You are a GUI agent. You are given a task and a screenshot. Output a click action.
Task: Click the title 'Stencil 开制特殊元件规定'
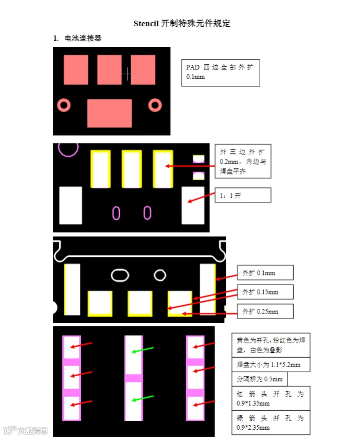pos(182,23)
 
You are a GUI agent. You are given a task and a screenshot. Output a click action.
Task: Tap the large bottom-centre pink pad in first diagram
pos(110,113)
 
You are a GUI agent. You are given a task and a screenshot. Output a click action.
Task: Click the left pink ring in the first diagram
pos(64,105)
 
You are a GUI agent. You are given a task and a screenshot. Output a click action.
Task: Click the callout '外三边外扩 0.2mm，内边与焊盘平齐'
pos(243,161)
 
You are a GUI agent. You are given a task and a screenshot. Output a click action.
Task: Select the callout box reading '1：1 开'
pos(243,195)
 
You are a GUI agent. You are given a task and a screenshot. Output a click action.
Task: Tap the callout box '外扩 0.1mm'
pos(265,273)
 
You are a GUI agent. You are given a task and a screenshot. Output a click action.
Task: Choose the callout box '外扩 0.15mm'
pos(265,292)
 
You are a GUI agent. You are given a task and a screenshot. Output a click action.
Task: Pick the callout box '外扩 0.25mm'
pos(265,311)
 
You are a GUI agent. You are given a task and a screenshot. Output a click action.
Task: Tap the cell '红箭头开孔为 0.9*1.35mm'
pos(270,398)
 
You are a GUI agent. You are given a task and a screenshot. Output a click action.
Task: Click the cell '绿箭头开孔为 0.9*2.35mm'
pos(270,422)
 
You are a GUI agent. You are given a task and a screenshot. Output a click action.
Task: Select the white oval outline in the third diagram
pos(121,275)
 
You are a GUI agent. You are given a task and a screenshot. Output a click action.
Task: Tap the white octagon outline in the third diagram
pos(160,275)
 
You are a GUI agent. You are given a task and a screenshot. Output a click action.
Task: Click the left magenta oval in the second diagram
pos(117,212)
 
